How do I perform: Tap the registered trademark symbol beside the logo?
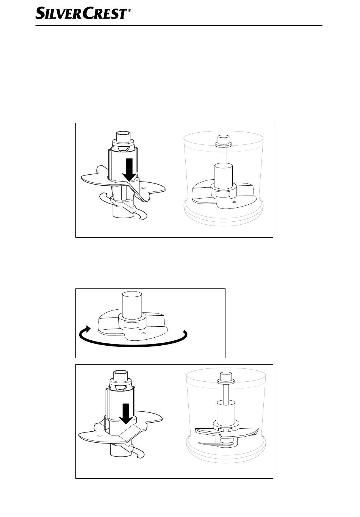pos(130,10)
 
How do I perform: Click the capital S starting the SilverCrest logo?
pos(40,14)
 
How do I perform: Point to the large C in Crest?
pos(88,14)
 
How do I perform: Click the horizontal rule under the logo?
pos(179,25)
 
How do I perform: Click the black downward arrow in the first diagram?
pos(130,170)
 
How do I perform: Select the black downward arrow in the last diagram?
pos(126,414)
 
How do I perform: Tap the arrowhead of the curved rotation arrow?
pos(87,329)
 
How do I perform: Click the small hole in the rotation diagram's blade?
pos(144,333)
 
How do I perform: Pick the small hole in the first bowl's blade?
pos(234,202)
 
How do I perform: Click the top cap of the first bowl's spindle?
pos(223,139)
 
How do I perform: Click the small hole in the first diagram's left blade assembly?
pos(144,188)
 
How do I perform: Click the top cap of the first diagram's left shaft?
pos(124,136)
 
